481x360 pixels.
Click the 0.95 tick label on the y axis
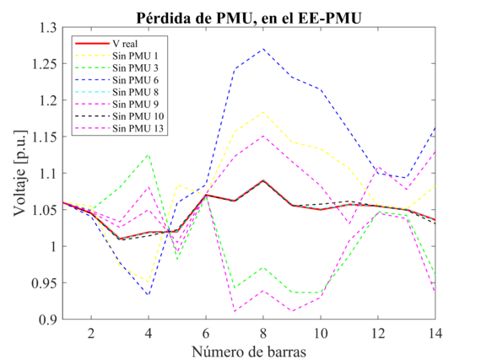(43, 283)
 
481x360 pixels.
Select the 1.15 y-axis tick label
(43, 137)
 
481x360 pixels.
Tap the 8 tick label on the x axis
(264, 333)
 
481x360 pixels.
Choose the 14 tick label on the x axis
(434, 333)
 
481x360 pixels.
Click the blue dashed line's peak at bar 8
(264, 49)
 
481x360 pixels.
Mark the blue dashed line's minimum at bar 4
(149, 295)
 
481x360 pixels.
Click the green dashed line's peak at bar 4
(149, 154)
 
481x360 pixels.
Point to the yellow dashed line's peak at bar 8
(264, 112)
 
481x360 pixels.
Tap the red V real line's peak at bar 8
(264, 180)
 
